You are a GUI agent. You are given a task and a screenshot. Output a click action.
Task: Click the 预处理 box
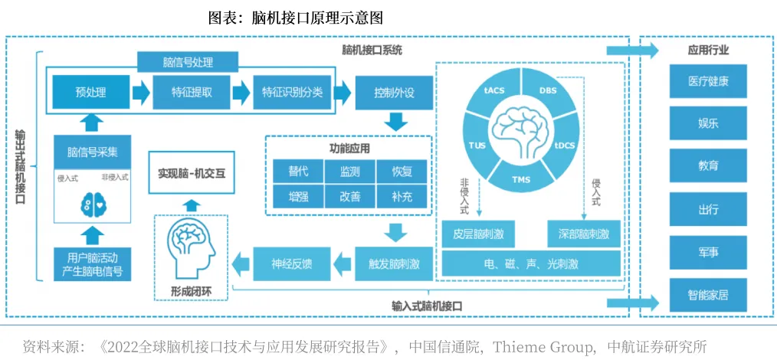pos(90,93)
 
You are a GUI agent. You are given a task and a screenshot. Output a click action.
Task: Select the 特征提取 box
pos(192,93)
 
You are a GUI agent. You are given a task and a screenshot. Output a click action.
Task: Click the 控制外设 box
pos(394,93)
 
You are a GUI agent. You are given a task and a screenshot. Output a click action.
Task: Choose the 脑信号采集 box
pos(92,152)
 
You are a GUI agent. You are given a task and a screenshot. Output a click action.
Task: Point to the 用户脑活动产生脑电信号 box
pos(92,263)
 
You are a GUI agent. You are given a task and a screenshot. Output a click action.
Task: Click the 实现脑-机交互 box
pos(192,173)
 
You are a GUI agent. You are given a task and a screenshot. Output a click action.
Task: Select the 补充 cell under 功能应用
pos(401,197)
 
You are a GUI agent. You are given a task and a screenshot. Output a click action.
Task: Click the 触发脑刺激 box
pos(394,263)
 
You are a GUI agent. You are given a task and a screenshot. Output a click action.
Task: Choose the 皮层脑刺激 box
pos(478,233)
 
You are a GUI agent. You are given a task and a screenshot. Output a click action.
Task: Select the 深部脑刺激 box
pos(583,233)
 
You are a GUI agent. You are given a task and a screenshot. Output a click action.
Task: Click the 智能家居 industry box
pos(707,294)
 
